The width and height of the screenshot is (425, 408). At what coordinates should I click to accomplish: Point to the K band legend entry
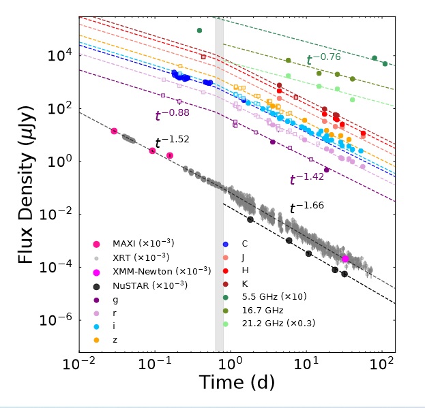coord(245,284)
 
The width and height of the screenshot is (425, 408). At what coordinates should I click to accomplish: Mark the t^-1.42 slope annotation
coord(306,179)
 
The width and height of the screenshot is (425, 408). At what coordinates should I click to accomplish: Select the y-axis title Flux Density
coord(25,186)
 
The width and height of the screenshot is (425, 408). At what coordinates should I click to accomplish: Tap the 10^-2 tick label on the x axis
coord(80,364)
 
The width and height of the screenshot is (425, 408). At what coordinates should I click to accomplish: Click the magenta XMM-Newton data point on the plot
coord(345,259)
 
